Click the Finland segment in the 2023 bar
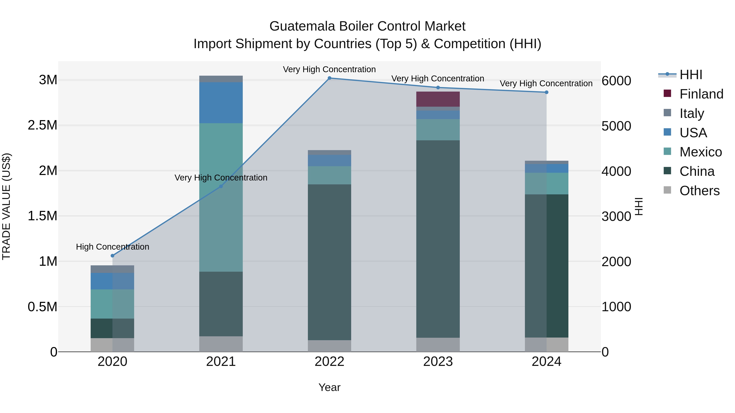438,99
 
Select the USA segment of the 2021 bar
221,102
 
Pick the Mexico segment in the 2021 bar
221,197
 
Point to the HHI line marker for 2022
329,78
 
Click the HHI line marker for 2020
112,256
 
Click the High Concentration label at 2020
112,247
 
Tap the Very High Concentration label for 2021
221,178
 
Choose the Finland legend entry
701,94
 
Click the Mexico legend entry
700,152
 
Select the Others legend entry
699,191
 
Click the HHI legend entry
691,75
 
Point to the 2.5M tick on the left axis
42,125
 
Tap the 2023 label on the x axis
438,362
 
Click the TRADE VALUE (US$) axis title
6,206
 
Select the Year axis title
329,387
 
